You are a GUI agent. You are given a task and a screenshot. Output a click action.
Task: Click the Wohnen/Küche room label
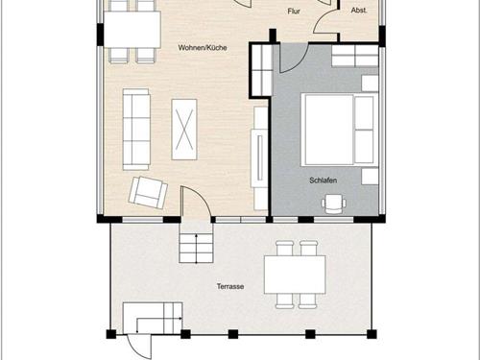(x=203, y=48)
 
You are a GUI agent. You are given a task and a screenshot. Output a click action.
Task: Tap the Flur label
(x=294, y=12)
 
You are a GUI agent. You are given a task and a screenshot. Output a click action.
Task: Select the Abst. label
(x=359, y=11)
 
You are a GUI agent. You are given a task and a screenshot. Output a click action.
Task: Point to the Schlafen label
(x=324, y=180)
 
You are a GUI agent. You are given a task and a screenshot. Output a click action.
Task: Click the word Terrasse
(x=230, y=286)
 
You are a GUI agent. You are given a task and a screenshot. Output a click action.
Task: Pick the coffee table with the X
(x=184, y=130)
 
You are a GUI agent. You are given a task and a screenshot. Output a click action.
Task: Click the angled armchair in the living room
(x=148, y=192)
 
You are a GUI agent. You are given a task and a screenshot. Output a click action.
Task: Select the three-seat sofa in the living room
(x=136, y=130)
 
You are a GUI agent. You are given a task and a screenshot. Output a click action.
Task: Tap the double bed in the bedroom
(x=339, y=130)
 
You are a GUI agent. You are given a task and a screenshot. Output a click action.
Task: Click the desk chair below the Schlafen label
(x=334, y=204)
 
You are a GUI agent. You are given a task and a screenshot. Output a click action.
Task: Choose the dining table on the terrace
(x=295, y=275)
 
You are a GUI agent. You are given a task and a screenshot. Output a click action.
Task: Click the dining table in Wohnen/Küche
(x=132, y=30)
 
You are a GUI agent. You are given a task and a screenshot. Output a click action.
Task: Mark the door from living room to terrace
(x=196, y=203)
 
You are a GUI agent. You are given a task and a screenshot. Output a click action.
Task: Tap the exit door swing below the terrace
(x=139, y=347)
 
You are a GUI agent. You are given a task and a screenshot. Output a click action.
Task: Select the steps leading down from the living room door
(x=196, y=248)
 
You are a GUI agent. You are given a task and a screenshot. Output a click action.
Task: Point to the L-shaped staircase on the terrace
(x=153, y=318)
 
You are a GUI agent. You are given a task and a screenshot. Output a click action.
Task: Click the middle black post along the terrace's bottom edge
(x=233, y=334)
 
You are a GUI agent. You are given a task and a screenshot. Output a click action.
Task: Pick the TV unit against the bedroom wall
(x=259, y=158)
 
